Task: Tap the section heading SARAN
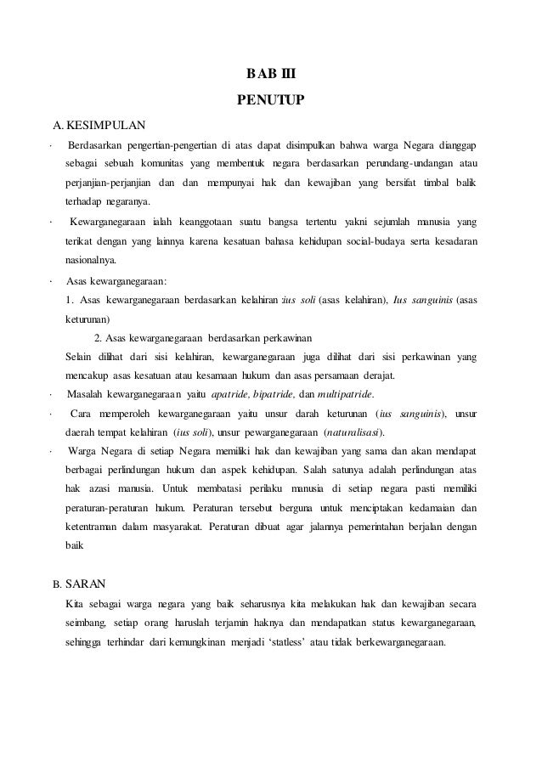(86, 584)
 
